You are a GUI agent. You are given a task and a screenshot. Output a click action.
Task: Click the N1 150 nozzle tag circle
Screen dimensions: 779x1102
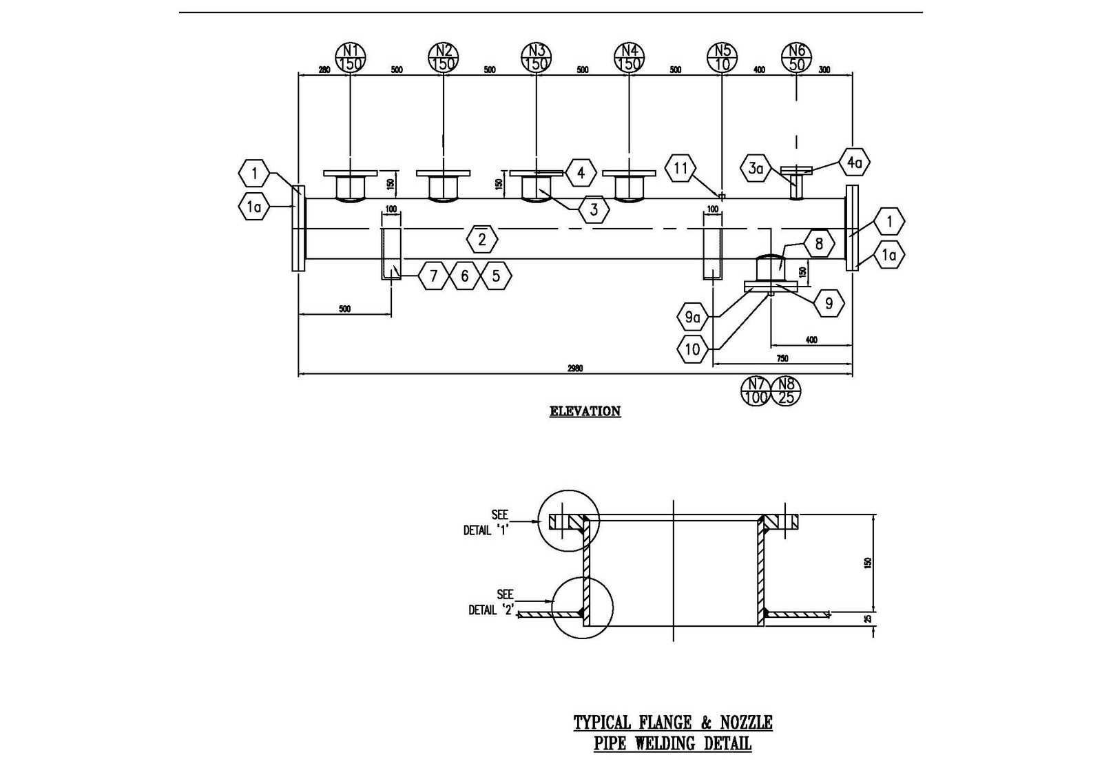(x=351, y=57)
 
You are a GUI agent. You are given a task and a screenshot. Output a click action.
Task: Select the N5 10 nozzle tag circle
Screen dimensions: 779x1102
(x=722, y=57)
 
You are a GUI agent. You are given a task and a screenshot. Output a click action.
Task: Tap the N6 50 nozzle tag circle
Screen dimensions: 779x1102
(x=797, y=57)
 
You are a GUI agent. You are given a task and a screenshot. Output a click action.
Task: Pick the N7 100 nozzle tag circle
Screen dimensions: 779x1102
(x=756, y=391)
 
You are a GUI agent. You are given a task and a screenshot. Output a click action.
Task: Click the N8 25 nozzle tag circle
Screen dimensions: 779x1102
(x=786, y=391)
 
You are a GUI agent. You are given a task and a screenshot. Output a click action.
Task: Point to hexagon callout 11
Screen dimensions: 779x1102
(x=680, y=168)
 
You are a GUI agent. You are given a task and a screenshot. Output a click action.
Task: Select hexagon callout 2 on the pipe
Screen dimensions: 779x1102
(x=481, y=240)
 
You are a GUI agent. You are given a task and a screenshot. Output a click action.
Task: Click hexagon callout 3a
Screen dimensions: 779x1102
(x=756, y=168)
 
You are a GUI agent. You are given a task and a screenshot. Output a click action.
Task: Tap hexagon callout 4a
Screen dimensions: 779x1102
(x=854, y=163)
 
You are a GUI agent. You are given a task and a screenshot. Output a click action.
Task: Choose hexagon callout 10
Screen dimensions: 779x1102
(x=692, y=349)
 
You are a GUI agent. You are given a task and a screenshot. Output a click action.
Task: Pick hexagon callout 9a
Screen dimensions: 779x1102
(x=692, y=318)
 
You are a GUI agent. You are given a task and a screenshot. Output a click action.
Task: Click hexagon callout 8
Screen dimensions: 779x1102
(x=818, y=243)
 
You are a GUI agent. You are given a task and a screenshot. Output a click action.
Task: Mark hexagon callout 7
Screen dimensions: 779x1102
(x=433, y=276)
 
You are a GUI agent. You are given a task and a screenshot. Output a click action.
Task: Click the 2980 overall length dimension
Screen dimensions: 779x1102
(x=575, y=368)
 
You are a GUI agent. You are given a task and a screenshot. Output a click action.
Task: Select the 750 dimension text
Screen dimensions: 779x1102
(x=782, y=358)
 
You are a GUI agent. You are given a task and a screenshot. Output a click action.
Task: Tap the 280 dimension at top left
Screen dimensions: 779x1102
(x=324, y=70)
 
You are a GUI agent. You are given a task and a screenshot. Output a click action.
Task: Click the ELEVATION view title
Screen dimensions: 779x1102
(x=585, y=411)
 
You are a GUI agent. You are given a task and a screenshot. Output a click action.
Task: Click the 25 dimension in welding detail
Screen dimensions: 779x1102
(x=868, y=619)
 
